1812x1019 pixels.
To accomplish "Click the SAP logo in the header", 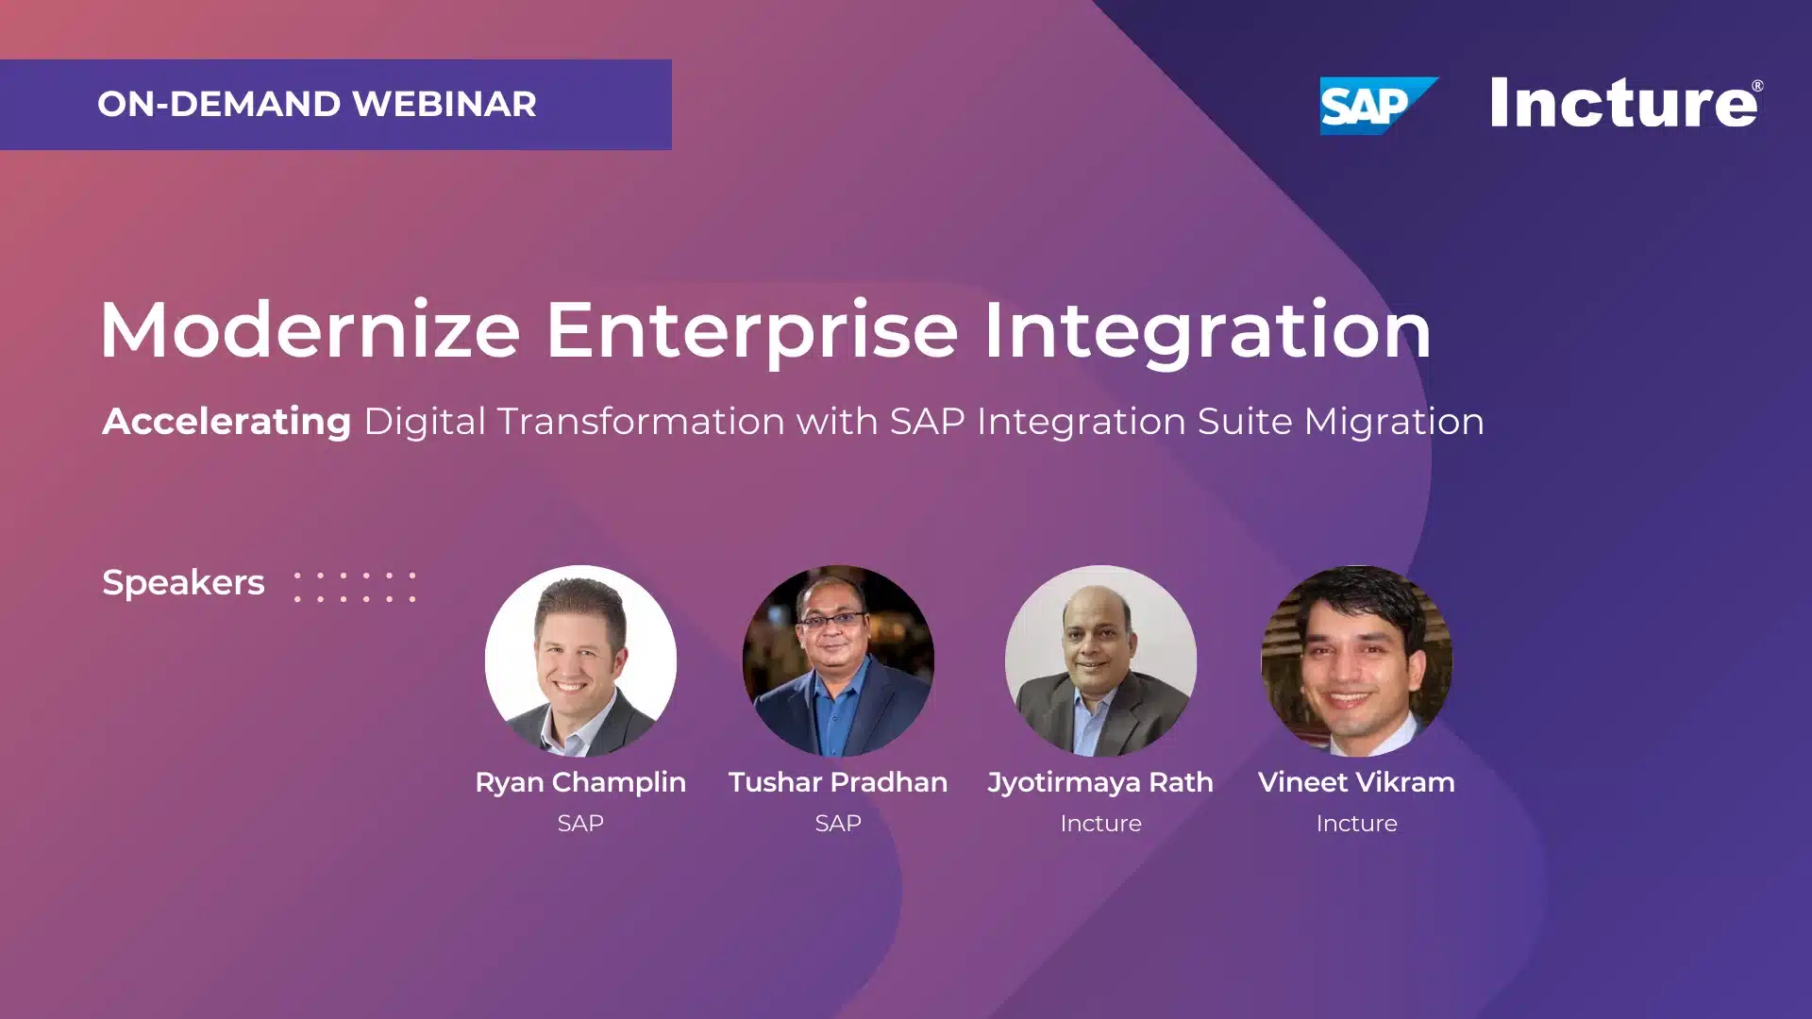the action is [1378, 106].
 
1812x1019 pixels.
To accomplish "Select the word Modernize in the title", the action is [310, 329].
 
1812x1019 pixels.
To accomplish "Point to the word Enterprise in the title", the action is [752, 331].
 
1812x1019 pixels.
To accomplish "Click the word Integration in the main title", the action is [1208, 331].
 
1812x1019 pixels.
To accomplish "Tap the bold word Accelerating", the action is [226, 421].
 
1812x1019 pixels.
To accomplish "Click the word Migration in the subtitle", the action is [1394, 421].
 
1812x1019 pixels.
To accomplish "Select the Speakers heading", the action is [183, 582].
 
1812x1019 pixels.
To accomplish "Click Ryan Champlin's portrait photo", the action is [580, 660].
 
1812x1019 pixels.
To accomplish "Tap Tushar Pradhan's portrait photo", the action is [838, 660].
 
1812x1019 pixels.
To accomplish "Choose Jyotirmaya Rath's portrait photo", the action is [1100, 660].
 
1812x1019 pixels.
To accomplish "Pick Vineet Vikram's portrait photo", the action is [1357, 660].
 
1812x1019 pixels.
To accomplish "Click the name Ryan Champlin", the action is [580, 782].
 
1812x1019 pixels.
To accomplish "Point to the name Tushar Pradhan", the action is [838, 782].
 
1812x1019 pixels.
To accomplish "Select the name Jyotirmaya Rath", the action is [1100, 782].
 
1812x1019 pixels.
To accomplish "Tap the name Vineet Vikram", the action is [1356, 782].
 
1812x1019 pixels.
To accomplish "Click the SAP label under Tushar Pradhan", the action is [838, 823].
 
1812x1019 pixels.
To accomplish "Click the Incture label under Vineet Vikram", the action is [1356, 823].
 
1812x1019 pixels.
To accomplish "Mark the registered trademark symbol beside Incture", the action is [1756, 86].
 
